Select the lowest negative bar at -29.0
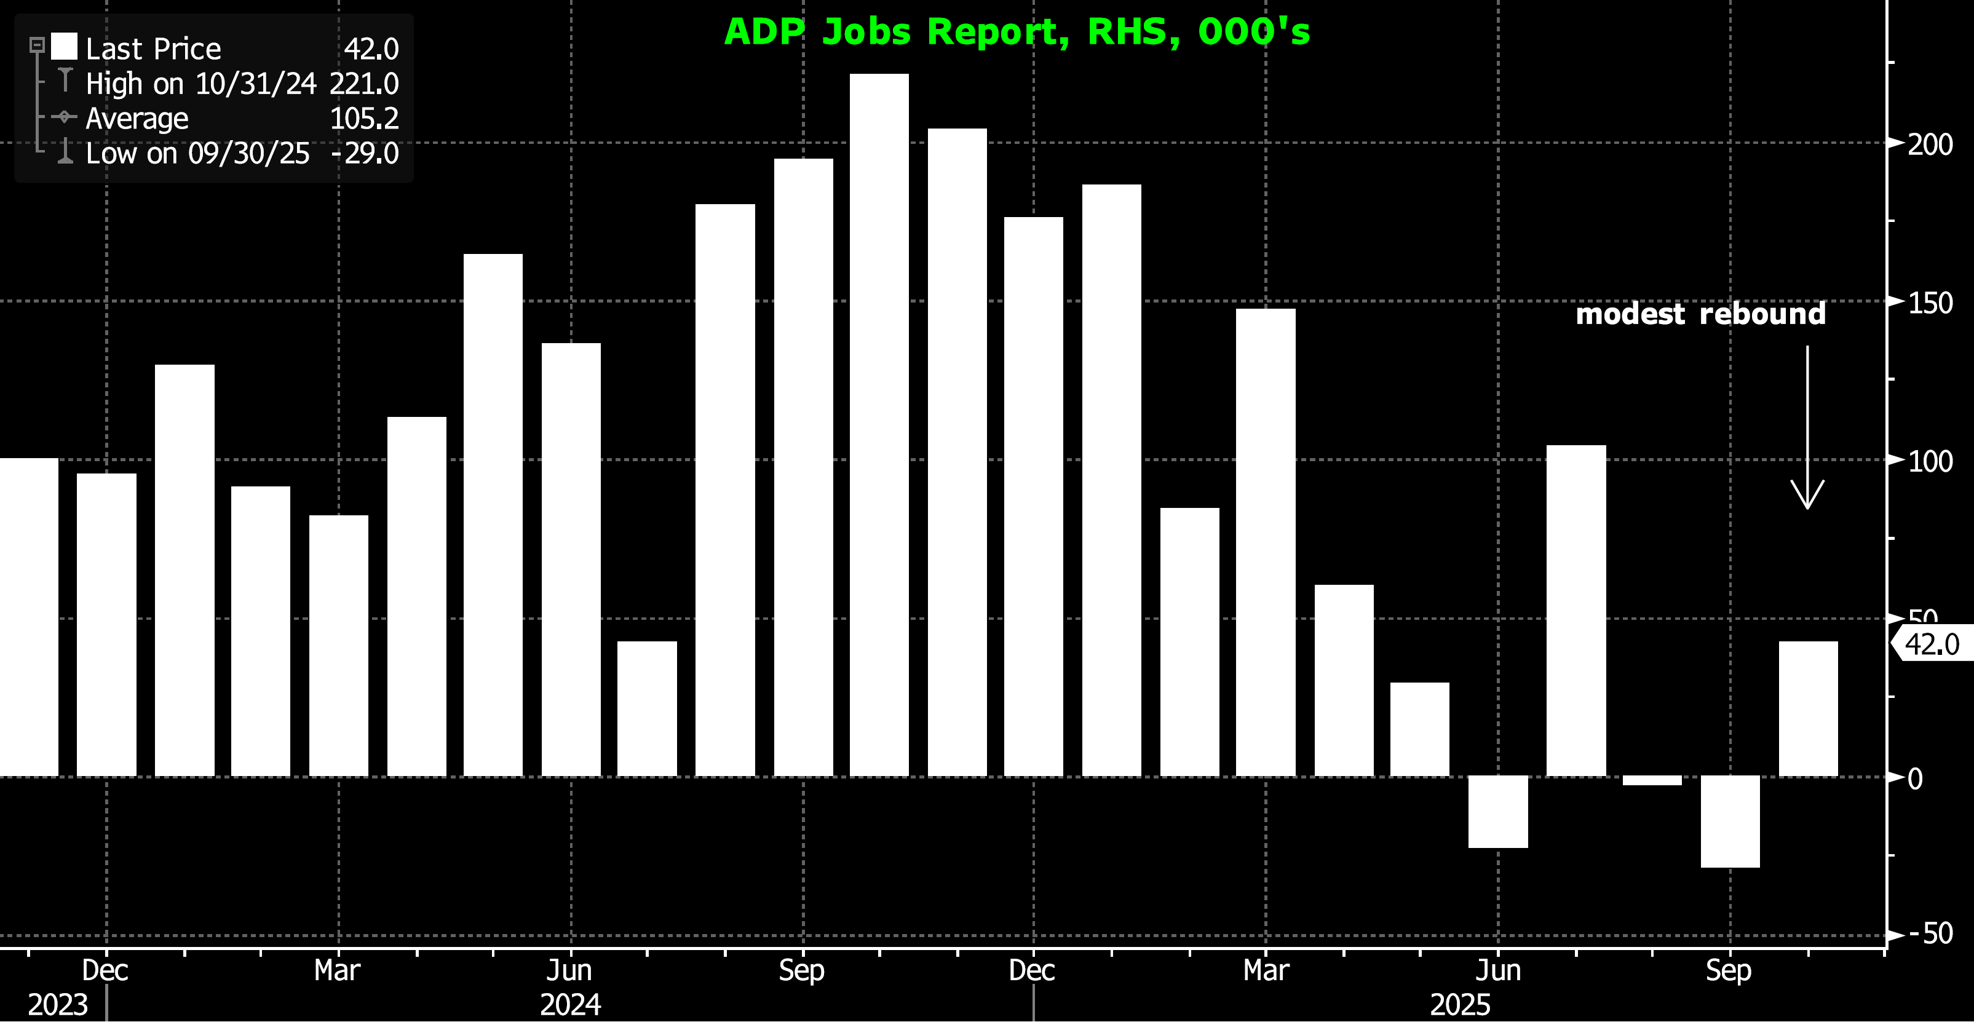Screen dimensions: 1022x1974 (x=1729, y=822)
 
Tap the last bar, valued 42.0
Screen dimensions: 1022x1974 (x=1808, y=708)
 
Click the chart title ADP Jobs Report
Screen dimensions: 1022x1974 (x=1017, y=32)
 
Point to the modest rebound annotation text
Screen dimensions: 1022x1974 (x=1700, y=314)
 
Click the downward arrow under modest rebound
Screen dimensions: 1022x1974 (x=1807, y=429)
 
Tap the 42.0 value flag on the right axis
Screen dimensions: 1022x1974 (x=1931, y=644)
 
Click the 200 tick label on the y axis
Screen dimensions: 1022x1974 (x=1930, y=144)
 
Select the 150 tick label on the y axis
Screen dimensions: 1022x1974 (x=1930, y=303)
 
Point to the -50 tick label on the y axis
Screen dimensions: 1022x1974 (x=1930, y=934)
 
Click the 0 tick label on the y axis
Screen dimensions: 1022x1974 (x=1915, y=779)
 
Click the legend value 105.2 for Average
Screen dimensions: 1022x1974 (x=364, y=119)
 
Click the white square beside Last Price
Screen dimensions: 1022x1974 (x=65, y=47)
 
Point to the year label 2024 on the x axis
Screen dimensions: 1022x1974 (x=570, y=1004)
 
